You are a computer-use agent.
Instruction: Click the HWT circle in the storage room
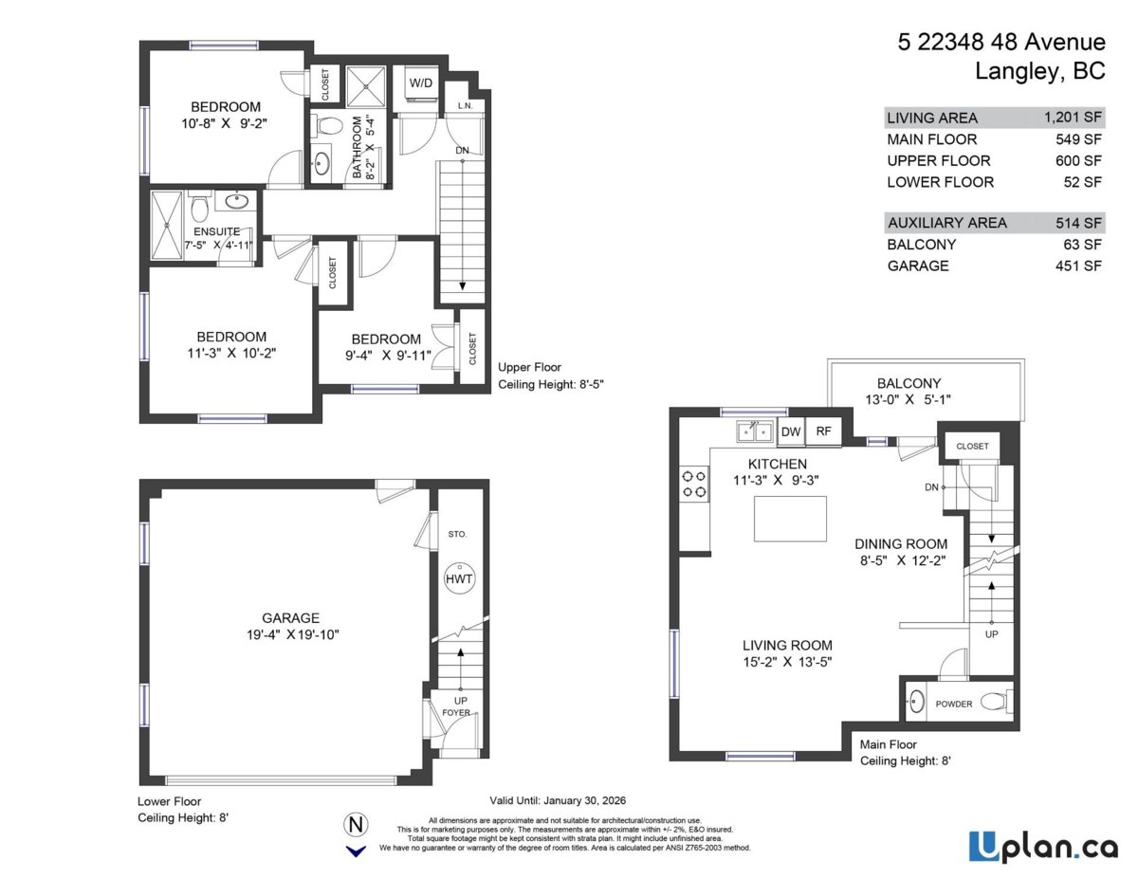[x=459, y=579]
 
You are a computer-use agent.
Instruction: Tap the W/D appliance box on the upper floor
[x=421, y=82]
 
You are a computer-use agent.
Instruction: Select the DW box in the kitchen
[x=790, y=431]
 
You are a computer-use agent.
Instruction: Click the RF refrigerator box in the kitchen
[x=823, y=431]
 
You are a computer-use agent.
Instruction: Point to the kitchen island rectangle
[x=790, y=519]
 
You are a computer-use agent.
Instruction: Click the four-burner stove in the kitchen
[x=693, y=484]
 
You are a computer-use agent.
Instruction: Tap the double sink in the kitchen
[x=756, y=432]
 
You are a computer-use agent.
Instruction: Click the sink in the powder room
[x=916, y=704]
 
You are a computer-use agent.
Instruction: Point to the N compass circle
[x=357, y=823]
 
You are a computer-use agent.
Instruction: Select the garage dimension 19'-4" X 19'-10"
[x=291, y=634]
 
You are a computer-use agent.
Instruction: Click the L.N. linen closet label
[x=465, y=105]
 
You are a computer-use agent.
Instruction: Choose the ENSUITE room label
[x=216, y=231]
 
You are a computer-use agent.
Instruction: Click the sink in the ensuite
[x=236, y=201]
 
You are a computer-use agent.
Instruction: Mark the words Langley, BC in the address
[x=1039, y=71]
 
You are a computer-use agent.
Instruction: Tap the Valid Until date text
[x=558, y=800]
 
